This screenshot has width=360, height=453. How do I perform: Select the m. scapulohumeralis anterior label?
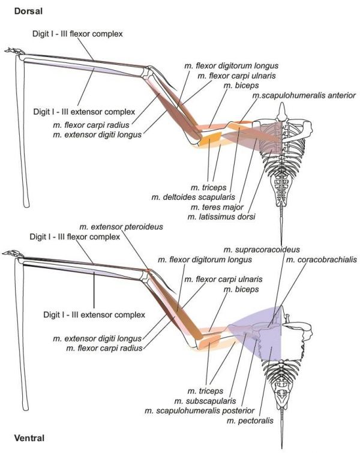[305, 95]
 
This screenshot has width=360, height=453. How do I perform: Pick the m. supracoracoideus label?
[262, 249]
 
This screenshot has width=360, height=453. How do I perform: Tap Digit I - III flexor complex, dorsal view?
[77, 34]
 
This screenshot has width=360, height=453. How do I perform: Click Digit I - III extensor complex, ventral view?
[95, 314]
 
